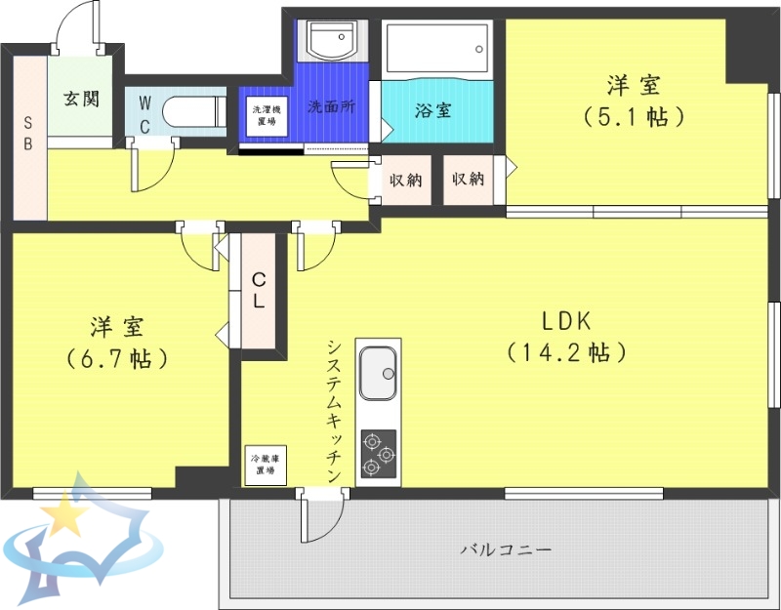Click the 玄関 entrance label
pyautogui.click(x=82, y=99)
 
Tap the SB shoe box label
pyautogui.click(x=28, y=134)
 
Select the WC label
pyautogui.click(x=144, y=113)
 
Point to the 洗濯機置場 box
pyautogui.click(x=265, y=116)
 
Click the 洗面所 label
pyautogui.click(x=330, y=107)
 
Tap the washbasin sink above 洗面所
pyautogui.click(x=332, y=40)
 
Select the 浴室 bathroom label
pyautogui.click(x=432, y=110)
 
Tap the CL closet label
pyautogui.click(x=259, y=291)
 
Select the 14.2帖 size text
pyautogui.click(x=566, y=351)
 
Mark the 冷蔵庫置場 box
pyautogui.click(x=265, y=465)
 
